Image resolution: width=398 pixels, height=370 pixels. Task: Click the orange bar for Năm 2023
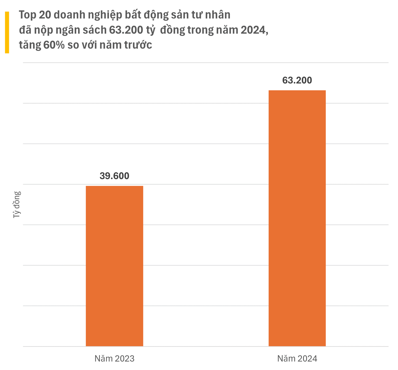pos(114,266)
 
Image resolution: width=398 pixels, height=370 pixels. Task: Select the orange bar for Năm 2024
pos(297,218)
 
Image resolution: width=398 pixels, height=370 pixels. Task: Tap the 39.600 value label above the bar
pos(114,176)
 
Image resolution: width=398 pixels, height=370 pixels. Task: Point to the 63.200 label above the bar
pos(297,80)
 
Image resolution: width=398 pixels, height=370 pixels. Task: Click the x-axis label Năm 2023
pos(114,358)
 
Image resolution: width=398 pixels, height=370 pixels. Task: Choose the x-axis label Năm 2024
pos(297,358)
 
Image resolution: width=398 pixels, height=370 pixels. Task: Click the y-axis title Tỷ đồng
pos(17,205)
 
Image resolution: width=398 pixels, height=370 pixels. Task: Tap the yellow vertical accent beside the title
pos(7,32)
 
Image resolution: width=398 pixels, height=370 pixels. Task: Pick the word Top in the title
pos(27,15)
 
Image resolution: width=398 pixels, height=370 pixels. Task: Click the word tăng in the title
pos(30,45)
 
